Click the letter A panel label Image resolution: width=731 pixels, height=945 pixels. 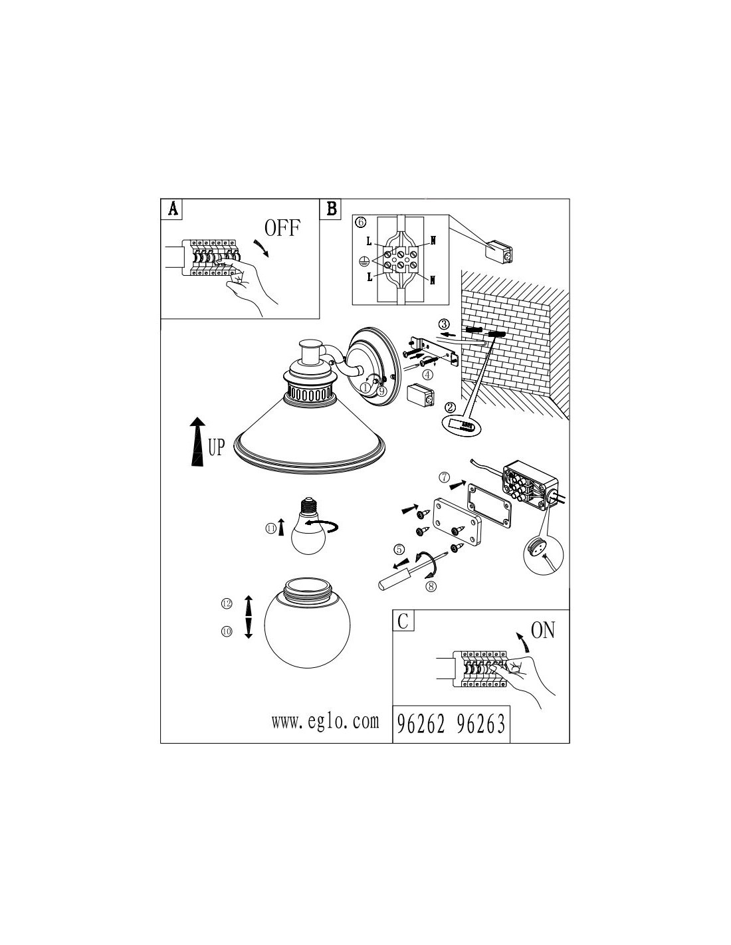tap(173, 209)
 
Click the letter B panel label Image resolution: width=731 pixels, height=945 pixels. tap(331, 209)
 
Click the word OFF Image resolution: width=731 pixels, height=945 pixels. tap(282, 229)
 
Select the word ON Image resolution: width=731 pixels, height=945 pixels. tap(543, 630)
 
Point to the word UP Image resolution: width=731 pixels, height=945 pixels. tap(217, 448)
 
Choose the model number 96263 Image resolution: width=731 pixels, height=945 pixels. tap(481, 724)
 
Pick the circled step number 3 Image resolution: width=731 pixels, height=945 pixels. tap(445, 324)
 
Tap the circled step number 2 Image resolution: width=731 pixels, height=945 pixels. tap(449, 407)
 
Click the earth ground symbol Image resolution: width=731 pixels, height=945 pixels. tap(365, 262)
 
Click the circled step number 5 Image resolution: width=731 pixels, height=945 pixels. tap(399, 550)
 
